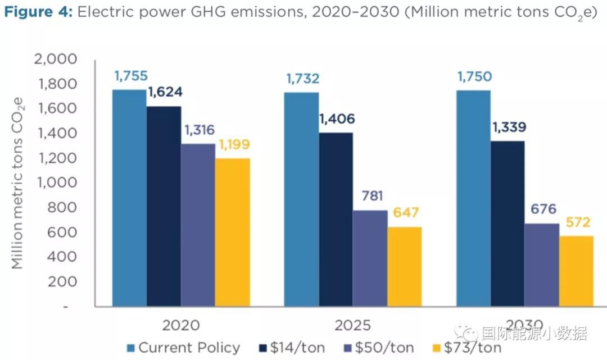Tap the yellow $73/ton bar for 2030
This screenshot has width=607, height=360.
576,271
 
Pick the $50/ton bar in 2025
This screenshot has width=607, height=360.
370,258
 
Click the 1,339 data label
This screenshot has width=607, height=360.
509,127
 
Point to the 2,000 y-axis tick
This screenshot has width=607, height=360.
56,60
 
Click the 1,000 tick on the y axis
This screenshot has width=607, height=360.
56,183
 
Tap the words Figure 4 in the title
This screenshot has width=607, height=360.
37,13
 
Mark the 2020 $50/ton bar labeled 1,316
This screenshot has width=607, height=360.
198,225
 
